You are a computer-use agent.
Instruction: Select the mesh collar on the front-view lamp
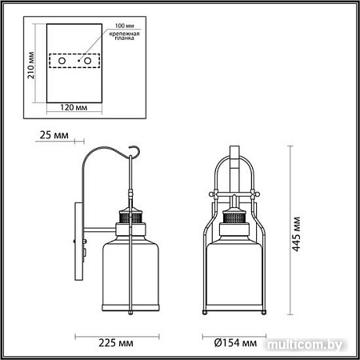tap(236, 216)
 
